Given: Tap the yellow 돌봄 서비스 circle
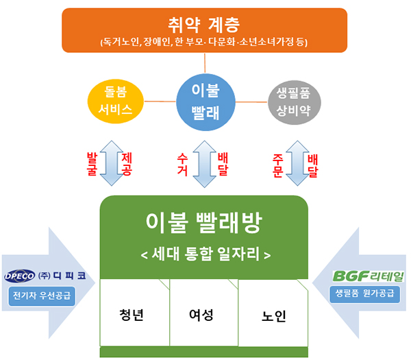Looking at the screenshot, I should [115, 101].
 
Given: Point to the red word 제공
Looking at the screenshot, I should [126, 163].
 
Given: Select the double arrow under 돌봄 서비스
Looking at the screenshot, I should [110, 163].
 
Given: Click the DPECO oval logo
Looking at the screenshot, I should [20, 277].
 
